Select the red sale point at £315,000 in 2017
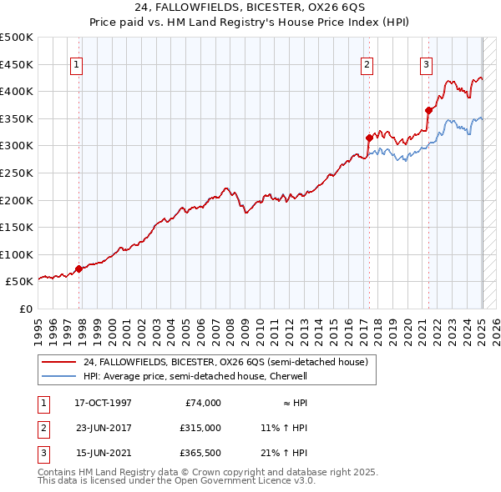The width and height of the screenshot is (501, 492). click(x=369, y=138)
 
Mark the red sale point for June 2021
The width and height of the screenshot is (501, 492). click(x=428, y=110)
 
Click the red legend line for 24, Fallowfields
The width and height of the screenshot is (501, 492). click(x=58, y=362)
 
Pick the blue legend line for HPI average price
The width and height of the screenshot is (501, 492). click(x=58, y=376)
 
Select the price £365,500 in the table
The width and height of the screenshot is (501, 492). click(x=202, y=453)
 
